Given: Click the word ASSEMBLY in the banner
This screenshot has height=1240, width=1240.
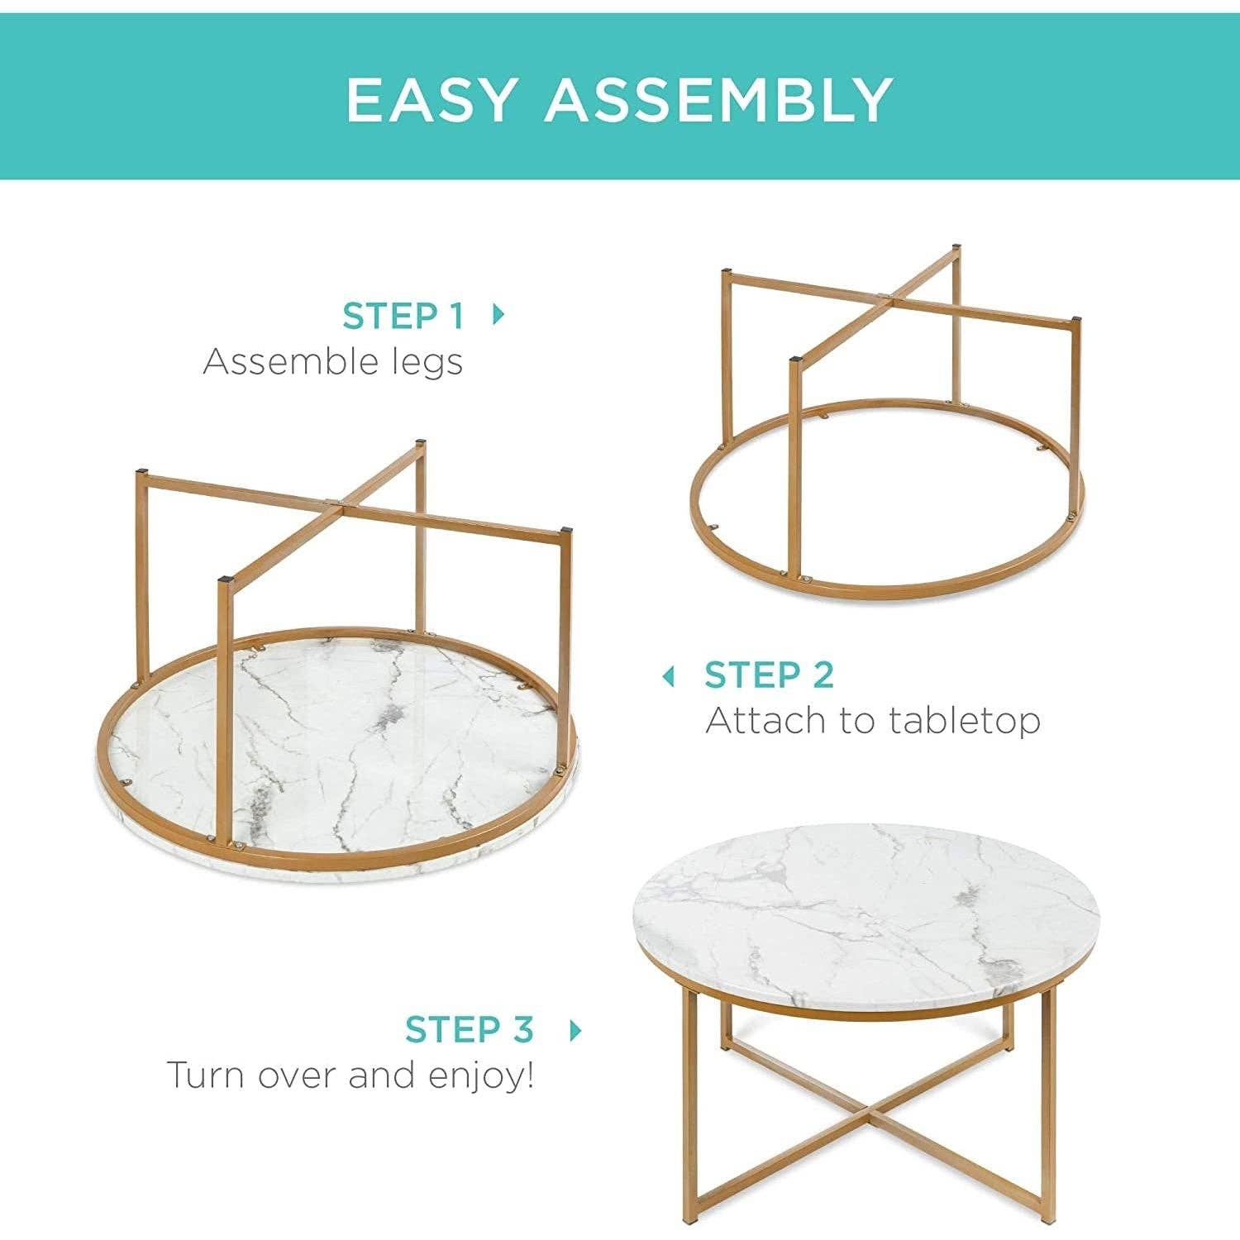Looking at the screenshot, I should [718, 99].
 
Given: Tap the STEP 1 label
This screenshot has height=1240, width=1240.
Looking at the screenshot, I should [403, 316].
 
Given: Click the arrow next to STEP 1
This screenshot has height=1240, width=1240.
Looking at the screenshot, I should [498, 314].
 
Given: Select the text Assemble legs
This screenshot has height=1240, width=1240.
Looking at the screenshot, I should [332, 362].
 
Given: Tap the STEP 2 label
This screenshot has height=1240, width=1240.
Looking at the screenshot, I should [769, 675].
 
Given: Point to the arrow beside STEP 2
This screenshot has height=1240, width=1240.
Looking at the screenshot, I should [670, 677].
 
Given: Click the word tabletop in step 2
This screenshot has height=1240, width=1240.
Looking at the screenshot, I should [965, 721].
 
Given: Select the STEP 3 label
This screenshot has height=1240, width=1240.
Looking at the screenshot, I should [469, 1030].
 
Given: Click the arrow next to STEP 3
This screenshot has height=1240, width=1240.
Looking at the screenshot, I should [576, 1030].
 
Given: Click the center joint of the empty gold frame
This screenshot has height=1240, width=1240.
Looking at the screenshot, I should [884, 296].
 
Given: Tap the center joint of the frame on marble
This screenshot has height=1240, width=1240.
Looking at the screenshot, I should [333, 503].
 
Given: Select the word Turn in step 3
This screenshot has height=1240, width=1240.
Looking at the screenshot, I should [207, 1075].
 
